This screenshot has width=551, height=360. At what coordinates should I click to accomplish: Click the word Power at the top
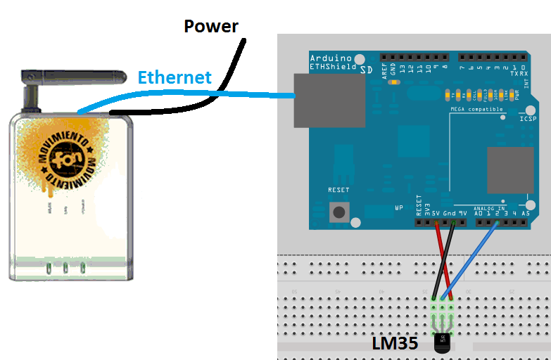click(211, 27)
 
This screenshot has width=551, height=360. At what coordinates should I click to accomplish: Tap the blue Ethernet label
click(175, 77)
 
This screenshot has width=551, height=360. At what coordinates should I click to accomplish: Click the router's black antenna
click(67, 76)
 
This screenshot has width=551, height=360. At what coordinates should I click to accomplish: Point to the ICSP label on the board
click(528, 120)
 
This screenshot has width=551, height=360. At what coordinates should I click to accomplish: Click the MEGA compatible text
click(476, 110)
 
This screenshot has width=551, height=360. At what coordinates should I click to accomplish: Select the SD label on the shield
click(367, 70)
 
